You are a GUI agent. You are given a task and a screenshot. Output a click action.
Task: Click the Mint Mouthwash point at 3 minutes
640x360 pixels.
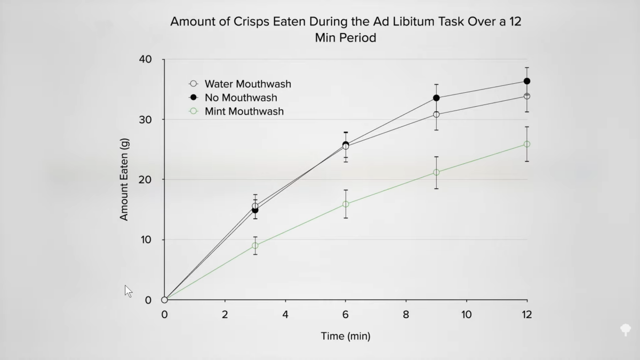(255, 246)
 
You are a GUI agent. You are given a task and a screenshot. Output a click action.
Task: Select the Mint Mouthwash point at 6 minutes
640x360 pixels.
(346, 204)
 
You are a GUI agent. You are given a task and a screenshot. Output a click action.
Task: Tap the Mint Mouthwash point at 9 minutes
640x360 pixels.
(436, 172)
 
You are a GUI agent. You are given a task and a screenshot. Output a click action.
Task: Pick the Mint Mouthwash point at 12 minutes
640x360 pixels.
(527, 144)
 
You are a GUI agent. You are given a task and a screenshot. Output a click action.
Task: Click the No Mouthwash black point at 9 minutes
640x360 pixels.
(436, 98)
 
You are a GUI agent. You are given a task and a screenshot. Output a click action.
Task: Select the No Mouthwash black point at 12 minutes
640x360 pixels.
(527, 81)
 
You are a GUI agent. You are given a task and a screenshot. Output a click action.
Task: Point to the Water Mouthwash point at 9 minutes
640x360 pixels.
(436, 114)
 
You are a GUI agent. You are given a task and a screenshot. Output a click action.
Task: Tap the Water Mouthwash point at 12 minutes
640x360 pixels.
(527, 96)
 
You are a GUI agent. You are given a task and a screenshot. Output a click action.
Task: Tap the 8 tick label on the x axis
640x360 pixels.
(406, 315)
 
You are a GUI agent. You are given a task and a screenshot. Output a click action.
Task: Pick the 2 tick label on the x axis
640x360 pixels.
(225, 315)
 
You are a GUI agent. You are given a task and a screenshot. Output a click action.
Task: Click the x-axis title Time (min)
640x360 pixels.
(345, 336)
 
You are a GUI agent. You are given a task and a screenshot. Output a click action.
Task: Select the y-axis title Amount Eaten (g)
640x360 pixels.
(124, 180)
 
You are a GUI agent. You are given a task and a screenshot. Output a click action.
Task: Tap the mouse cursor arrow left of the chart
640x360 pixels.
(128, 291)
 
